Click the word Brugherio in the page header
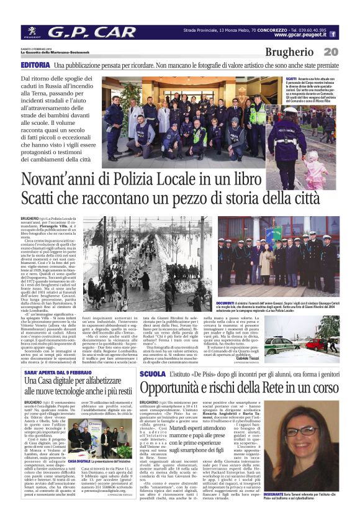point(289,53)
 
